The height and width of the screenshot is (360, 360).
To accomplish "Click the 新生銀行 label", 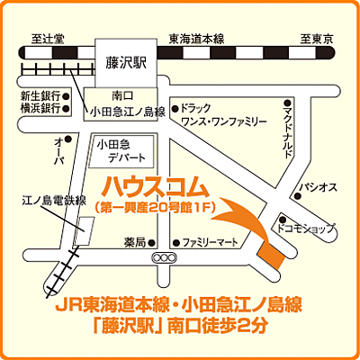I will [x=39, y=94].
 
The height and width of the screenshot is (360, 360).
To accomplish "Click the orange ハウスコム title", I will [x=155, y=186].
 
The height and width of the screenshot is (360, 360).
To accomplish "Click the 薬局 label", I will [x=134, y=242].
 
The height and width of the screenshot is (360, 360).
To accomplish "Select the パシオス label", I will [x=319, y=188].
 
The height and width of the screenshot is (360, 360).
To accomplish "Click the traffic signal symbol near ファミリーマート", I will [x=164, y=257].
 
